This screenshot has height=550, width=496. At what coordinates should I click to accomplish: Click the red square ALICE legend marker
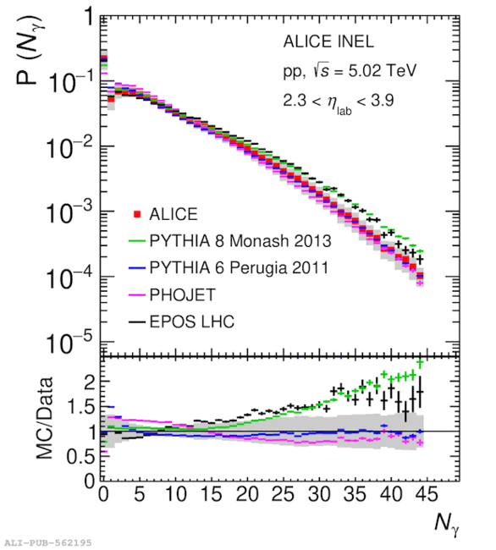coord(137,214)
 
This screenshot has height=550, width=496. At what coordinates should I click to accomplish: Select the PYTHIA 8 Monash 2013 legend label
coord(240,241)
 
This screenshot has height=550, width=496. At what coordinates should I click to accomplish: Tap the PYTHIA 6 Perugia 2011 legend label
coord(239,267)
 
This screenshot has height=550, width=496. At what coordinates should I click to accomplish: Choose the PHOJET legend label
coord(183,294)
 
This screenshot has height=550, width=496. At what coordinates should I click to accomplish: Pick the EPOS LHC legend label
coord(192,322)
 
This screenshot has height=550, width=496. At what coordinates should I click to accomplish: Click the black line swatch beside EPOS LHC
coord(137,322)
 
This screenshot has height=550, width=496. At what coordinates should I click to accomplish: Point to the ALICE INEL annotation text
coord(328,41)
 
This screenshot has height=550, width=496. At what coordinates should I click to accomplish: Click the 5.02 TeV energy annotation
coord(382,70)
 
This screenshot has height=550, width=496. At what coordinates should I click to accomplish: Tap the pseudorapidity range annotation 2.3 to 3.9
coord(339,102)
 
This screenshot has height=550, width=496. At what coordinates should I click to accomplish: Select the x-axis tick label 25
coord(284,494)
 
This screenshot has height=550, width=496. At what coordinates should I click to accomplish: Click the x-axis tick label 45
coord(427,494)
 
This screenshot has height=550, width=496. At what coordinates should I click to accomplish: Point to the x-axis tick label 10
coord(176,494)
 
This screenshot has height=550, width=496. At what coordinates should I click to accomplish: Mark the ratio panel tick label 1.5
coord(81,407)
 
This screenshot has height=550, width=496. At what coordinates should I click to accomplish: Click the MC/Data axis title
coord(45,418)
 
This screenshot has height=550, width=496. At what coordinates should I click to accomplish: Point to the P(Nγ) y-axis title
coord(30,50)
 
